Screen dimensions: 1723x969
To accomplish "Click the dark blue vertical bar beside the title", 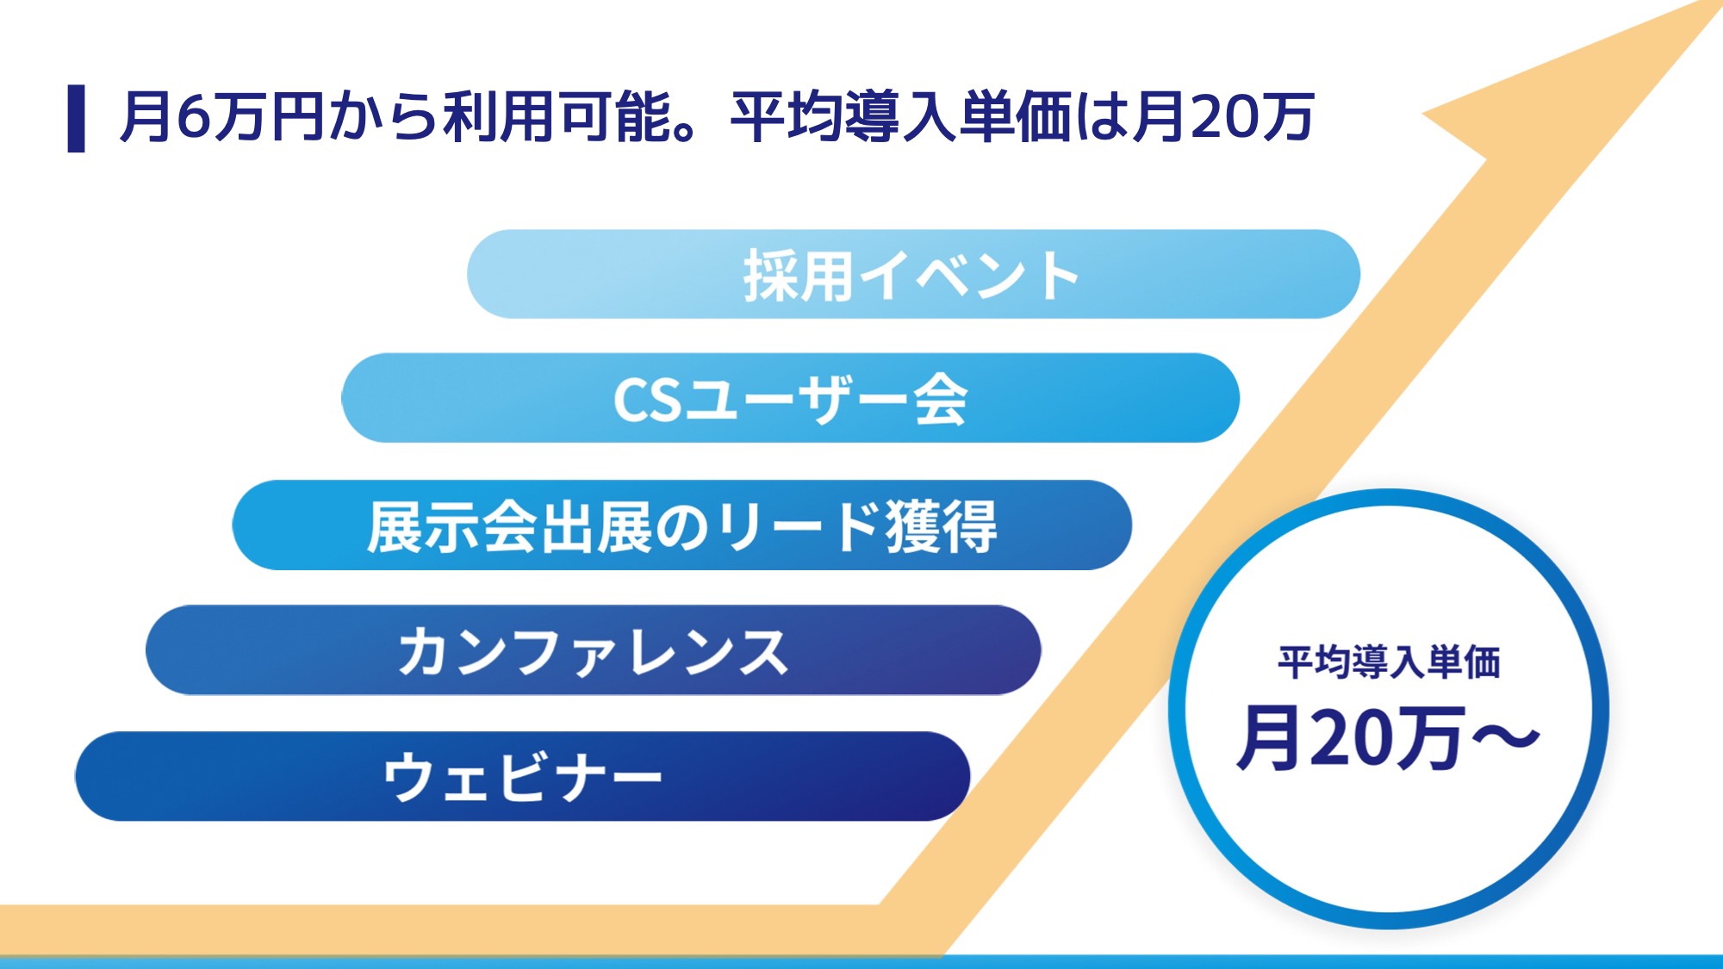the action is click(x=76, y=119).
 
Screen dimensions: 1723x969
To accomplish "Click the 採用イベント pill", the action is click(x=913, y=274).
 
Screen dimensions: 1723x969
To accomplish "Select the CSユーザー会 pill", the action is click(x=790, y=398).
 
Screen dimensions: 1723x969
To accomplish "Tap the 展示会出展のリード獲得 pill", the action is click(x=681, y=525).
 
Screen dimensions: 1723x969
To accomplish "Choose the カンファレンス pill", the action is click(x=593, y=650).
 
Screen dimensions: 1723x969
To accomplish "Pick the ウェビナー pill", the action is click(x=522, y=776).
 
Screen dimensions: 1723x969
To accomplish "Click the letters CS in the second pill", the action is click(x=647, y=401).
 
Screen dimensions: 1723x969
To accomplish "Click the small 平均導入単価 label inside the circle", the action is click(x=1389, y=662).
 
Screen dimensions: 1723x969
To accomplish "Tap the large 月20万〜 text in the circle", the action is click(x=1388, y=736).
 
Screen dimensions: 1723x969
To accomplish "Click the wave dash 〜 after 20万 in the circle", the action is click(x=1505, y=736).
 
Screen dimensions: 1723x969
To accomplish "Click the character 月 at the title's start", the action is click(x=146, y=117).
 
